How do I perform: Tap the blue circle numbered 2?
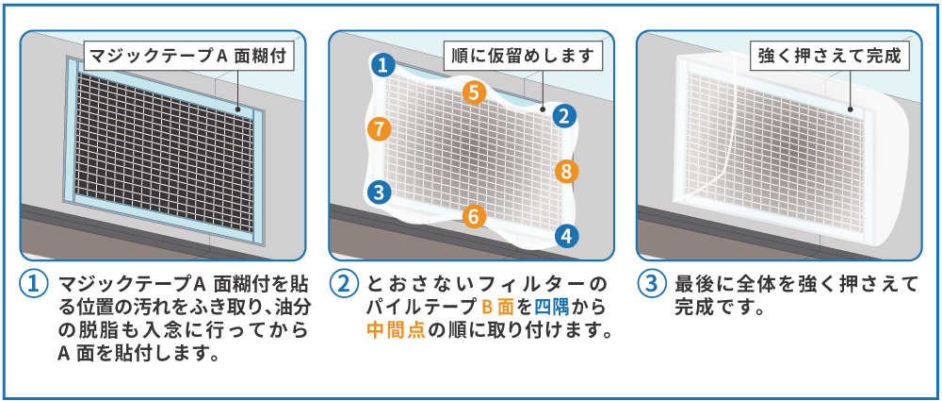(x=562, y=115)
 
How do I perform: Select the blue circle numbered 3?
(x=379, y=192)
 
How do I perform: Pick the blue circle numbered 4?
(x=565, y=236)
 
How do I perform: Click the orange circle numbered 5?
(x=474, y=92)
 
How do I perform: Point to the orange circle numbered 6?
(x=474, y=216)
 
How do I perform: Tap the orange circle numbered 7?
(x=379, y=128)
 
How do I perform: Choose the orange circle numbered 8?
(x=566, y=172)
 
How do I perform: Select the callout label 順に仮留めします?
(x=522, y=57)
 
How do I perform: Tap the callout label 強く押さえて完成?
(x=830, y=57)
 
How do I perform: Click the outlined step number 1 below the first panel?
(x=34, y=284)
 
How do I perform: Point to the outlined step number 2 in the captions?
(x=344, y=284)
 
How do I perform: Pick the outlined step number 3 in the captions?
(x=652, y=284)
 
